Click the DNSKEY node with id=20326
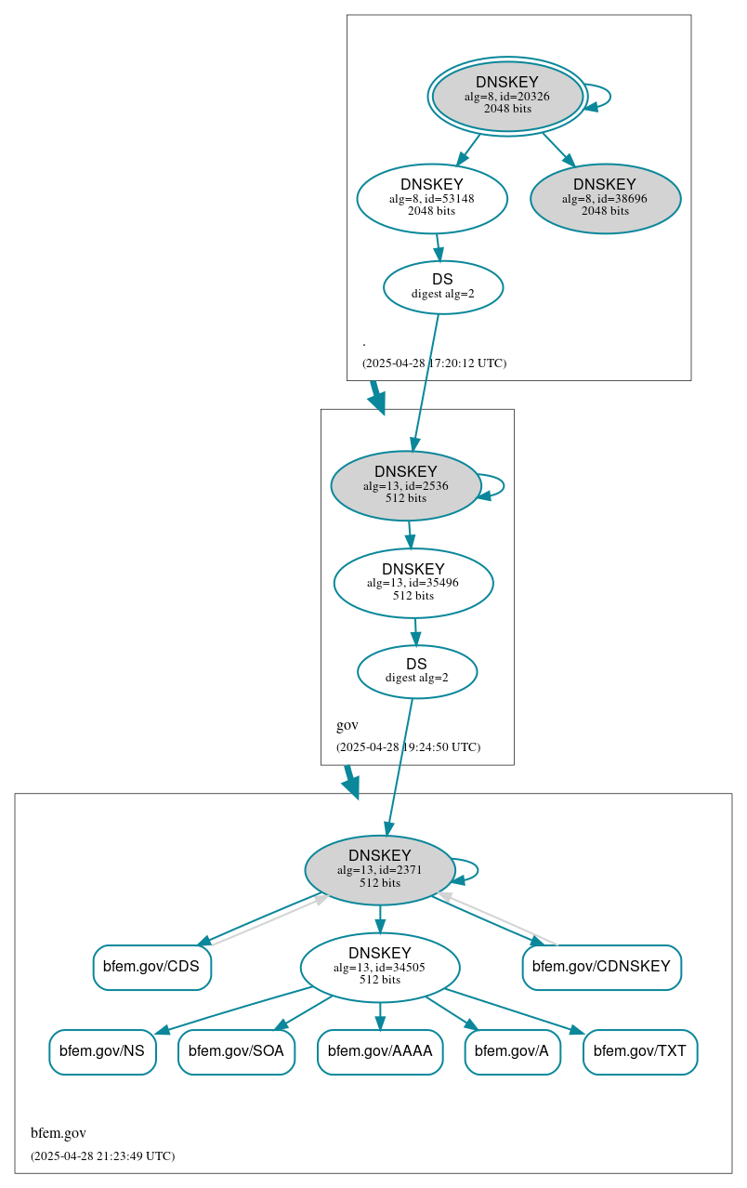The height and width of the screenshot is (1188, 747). click(507, 96)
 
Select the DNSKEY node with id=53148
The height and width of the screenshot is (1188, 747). click(432, 198)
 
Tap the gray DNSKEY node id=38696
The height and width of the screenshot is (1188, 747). click(605, 199)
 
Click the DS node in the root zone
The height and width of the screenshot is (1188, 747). click(443, 287)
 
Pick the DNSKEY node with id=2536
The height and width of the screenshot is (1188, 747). click(406, 485)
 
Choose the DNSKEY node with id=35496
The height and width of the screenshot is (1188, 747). click(413, 583)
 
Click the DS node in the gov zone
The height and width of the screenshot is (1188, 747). click(417, 671)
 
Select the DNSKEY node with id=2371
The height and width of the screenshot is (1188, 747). click(380, 870)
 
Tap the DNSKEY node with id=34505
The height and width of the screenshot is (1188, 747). click(380, 967)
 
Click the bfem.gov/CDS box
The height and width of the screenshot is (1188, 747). click(151, 967)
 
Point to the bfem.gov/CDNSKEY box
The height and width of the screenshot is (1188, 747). click(601, 967)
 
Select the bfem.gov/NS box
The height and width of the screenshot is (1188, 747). click(102, 1051)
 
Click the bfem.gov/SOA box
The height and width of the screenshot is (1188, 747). click(236, 1051)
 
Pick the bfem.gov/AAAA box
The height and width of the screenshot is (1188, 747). click(380, 1051)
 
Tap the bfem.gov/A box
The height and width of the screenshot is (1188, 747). click(512, 1051)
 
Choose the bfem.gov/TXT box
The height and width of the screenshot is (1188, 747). click(640, 1051)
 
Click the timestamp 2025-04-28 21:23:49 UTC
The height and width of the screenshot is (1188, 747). click(102, 1156)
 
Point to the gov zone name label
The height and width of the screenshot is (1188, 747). click(347, 725)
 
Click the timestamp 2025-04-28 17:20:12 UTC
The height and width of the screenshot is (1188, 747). click(434, 363)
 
